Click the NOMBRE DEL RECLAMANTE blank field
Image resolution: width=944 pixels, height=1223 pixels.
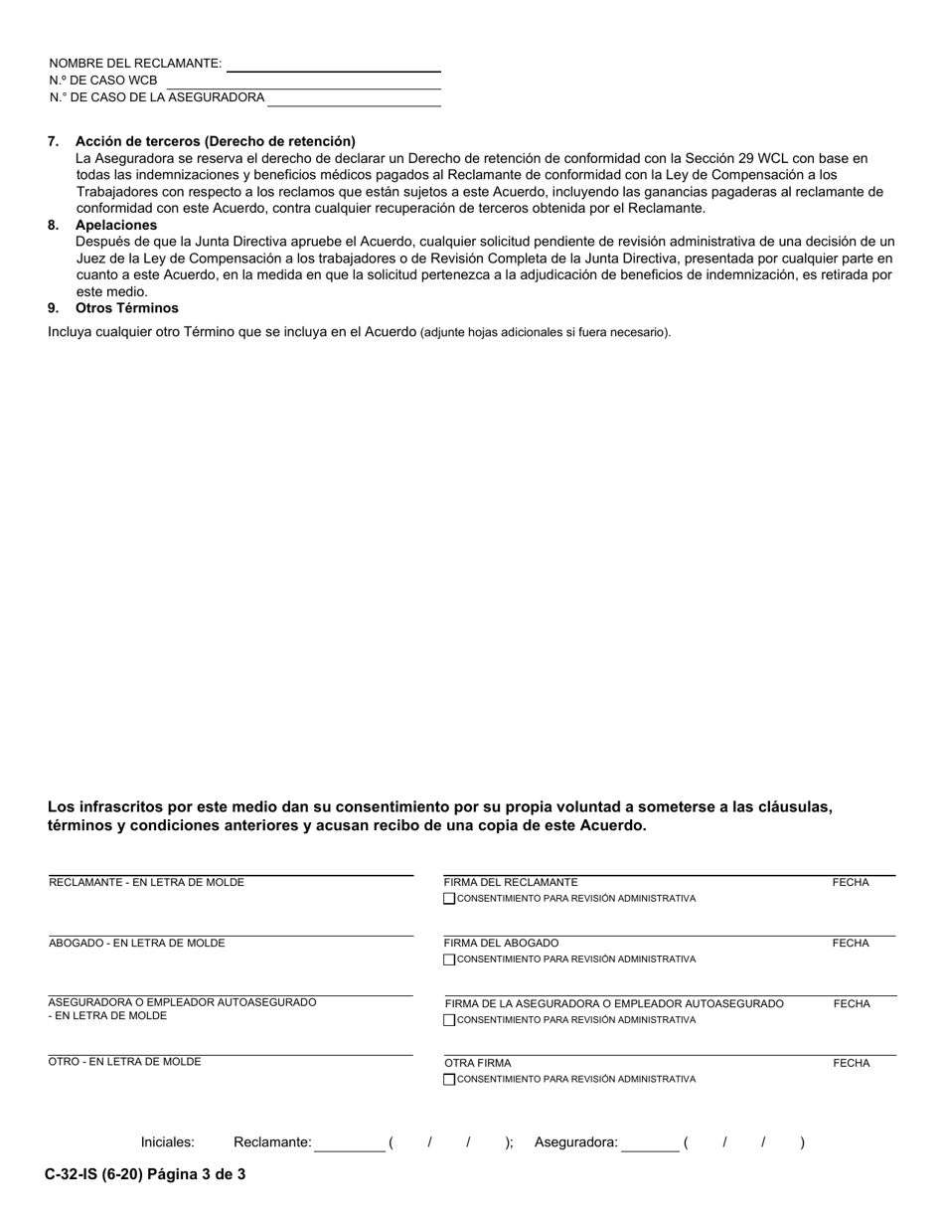333,64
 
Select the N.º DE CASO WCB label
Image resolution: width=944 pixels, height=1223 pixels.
102,81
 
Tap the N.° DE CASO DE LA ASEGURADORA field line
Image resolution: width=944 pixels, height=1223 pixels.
354,98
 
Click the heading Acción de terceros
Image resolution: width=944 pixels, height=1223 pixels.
215,141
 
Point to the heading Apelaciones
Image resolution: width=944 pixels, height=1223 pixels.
115,225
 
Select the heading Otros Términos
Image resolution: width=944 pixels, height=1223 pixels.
126,308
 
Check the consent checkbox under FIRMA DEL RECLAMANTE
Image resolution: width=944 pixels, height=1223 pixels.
449,899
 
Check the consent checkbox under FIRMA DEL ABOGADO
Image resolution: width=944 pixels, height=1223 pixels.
449,960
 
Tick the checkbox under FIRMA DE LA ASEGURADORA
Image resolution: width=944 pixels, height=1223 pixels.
449,1020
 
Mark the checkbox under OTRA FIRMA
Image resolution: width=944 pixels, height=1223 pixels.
449,1080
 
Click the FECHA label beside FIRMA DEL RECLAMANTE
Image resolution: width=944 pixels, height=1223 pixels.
851,883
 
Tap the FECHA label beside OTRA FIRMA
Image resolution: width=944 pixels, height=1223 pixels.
851,1064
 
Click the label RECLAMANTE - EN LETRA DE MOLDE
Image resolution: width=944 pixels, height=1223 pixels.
146,883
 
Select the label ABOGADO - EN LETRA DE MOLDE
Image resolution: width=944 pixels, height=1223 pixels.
137,944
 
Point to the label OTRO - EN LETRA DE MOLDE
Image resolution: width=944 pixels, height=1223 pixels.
125,1062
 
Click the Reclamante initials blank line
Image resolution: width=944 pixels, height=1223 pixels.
349,1144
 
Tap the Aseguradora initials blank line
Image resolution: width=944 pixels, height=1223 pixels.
650,1144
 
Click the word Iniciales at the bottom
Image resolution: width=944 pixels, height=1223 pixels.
168,1143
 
